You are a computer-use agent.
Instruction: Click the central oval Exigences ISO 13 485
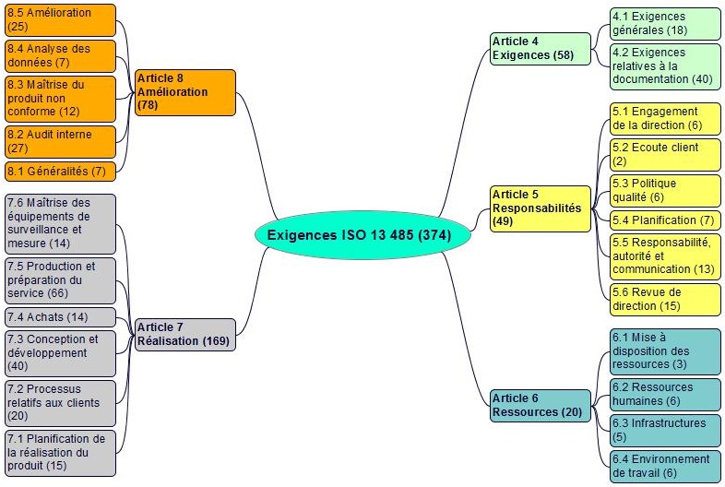(x=362, y=235)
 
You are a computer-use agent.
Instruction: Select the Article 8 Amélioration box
(x=185, y=92)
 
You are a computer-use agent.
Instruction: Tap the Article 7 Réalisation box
(x=185, y=335)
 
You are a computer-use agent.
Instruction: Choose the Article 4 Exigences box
(x=540, y=49)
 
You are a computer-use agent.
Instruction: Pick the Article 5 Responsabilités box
(x=540, y=208)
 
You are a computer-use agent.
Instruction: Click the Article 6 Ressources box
(x=540, y=406)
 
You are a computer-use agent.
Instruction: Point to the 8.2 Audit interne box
(x=60, y=142)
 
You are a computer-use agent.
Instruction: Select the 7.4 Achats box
(x=60, y=317)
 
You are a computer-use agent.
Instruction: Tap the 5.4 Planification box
(x=665, y=220)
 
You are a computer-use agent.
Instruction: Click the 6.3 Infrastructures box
(x=665, y=431)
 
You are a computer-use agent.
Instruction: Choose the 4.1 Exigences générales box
(x=665, y=24)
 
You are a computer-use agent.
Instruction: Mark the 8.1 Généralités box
(x=60, y=172)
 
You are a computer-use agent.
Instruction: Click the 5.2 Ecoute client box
(x=665, y=155)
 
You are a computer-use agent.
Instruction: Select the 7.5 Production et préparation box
(x=60, y=280)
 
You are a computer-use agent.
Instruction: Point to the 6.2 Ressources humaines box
(x=665, y=395)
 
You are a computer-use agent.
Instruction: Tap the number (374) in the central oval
(x=434, y=235)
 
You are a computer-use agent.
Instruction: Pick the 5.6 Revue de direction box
(x=665, y=300)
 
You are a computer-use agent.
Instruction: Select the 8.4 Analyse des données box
(x=60, y=56)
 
